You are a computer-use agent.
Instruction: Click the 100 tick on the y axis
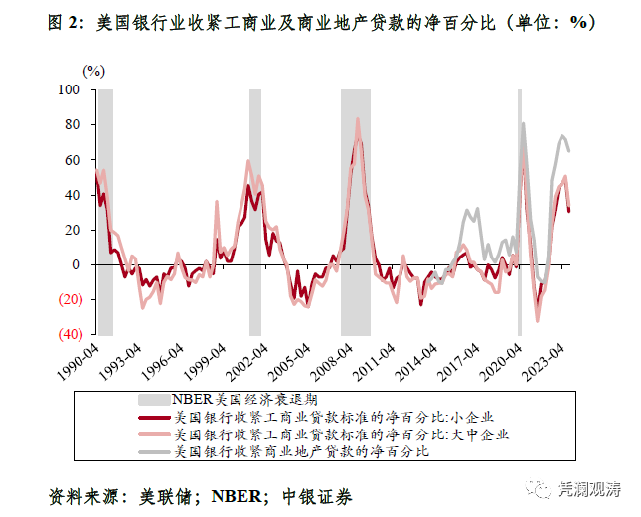(68, 89)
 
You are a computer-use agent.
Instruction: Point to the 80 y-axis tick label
(71, 124)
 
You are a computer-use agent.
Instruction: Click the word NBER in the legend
(194, 400)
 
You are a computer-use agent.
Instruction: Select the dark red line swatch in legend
(152, 418)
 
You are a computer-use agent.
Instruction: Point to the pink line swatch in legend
(152, 434)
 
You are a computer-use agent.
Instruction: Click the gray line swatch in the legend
(152, 451)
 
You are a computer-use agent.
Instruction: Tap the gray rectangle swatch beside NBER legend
(152, 400)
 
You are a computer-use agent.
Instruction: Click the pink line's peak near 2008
(358, 120)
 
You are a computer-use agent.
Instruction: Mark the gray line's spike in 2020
(523, 124)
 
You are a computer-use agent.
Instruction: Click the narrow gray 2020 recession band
(519, 219)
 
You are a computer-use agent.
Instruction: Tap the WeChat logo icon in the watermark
(538, 488)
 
